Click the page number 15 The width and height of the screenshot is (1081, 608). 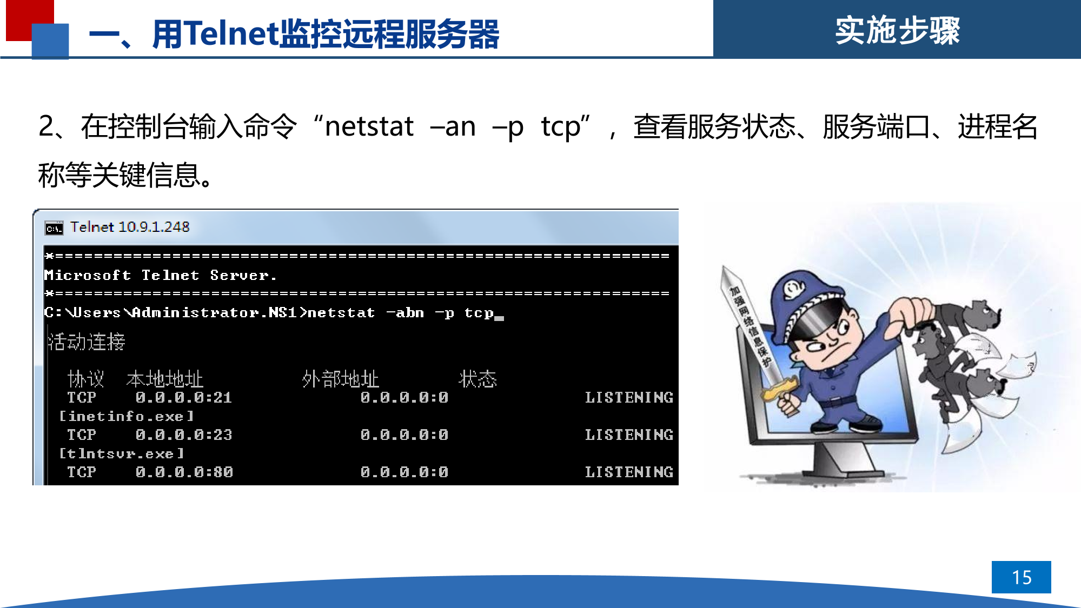click(x=1022, y=577)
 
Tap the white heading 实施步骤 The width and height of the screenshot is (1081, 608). click(x=897, y=30)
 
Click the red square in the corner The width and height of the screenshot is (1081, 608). click(x=30, y=19)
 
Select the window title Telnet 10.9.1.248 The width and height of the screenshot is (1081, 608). click(x=130, y=227)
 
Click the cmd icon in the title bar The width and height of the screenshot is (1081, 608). click(x=54, y=228)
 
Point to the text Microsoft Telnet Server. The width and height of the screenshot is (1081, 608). click(x=161, y=276)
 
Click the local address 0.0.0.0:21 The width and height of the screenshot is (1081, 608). click(x=184, y=398)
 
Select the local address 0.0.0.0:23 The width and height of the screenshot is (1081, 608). click(x=184, y=435)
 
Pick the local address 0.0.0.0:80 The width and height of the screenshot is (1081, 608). click(x=184, y=472)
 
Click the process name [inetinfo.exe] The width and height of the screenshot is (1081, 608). click(x=126, y=416)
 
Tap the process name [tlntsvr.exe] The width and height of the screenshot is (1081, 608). click(x=122, y=453)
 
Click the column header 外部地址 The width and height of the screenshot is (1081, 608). click(x=341, y=379)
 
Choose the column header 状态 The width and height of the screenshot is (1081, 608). click(x=478, y=379)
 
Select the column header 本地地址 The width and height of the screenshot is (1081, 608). click(x=165, y=379)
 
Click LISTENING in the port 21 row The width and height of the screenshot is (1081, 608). click(x=629, y=398)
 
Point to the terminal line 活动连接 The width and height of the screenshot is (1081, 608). click(x=87, y=342)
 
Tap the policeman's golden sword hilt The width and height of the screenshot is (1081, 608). click(x=779, y=389)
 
